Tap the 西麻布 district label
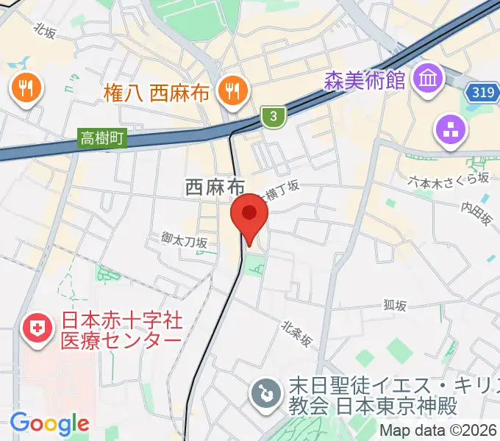tap(214, 188)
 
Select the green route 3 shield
tap(273, 115)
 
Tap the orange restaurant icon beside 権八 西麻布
tap(235, 90)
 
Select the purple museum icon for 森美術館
tap(427, 76)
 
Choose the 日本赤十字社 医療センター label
tap(121, 331)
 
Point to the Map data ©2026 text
tap(439, 430)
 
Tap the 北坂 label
tap(46, 29)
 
